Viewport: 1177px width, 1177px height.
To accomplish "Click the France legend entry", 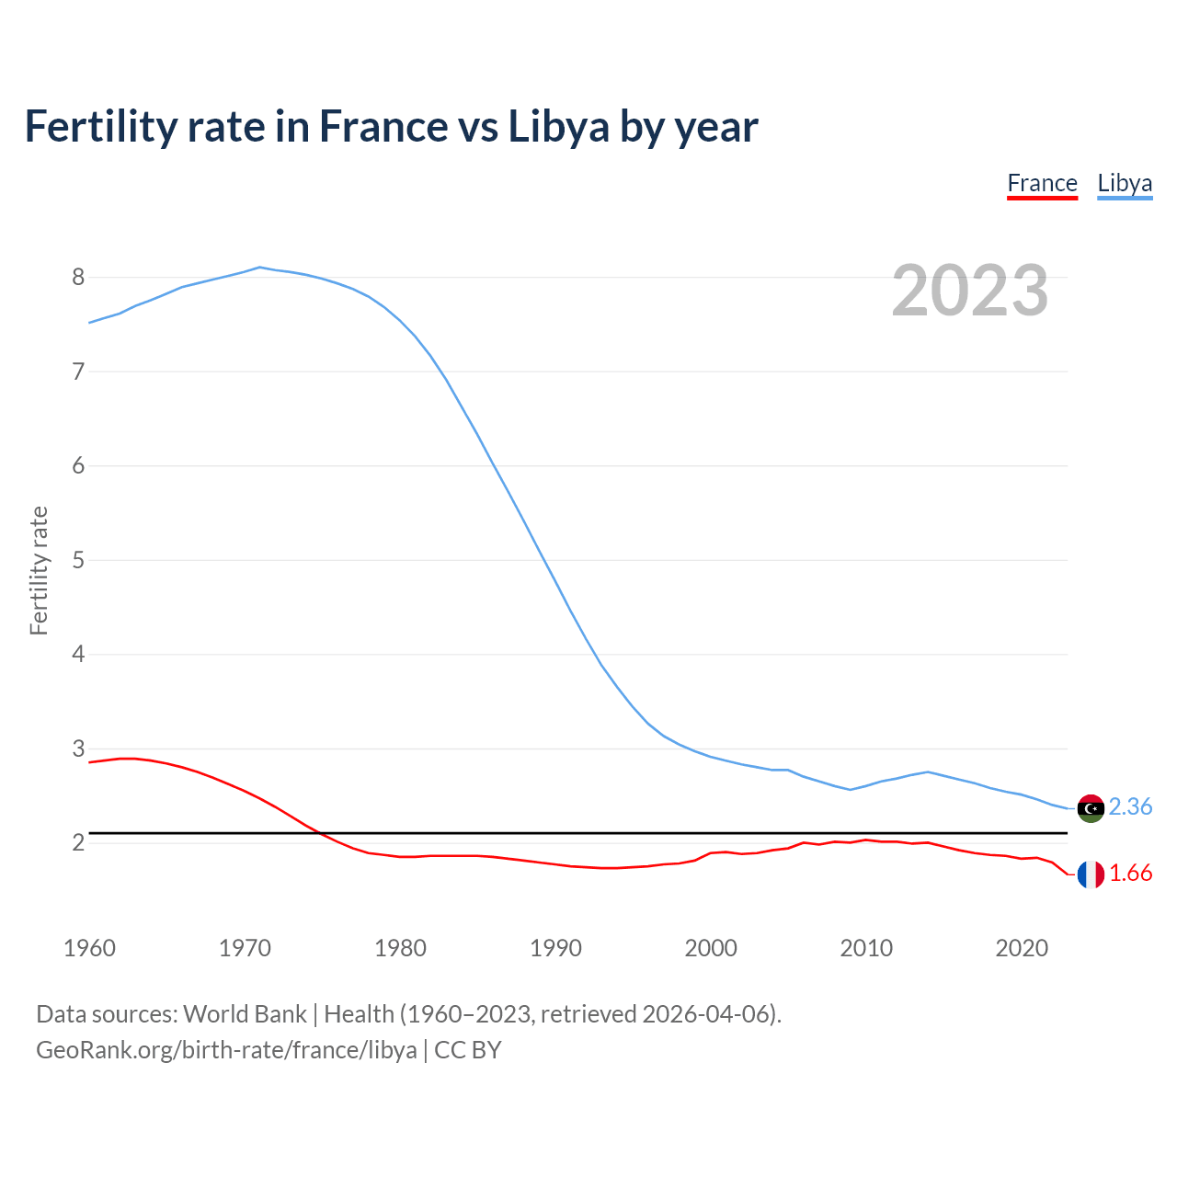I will point(1042,183).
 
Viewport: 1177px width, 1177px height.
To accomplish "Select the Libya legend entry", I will point(1125,183).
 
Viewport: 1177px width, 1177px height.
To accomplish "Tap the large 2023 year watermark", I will point(970,291).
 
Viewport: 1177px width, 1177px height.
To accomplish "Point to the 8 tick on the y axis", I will point(78,277).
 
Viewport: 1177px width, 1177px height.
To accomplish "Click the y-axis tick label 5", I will point(78,560).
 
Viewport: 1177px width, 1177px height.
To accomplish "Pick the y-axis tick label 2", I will point(78,842).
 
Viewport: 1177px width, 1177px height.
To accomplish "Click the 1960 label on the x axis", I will point(89,948).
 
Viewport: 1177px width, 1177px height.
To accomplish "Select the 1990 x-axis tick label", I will point(555,948).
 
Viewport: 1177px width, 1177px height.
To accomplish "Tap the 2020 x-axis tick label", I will point(1022,948).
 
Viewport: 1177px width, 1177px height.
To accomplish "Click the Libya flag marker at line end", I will point(1091,808).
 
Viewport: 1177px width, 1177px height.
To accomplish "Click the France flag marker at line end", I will point(1091,874).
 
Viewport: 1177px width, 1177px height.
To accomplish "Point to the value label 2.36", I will point(1130,806).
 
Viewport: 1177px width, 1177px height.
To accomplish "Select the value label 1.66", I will point(1130,874).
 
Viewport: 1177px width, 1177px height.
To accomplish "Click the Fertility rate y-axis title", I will point(39,570).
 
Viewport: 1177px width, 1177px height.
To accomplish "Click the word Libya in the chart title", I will point(559,126).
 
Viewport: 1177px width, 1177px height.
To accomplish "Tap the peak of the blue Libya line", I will point(260,268).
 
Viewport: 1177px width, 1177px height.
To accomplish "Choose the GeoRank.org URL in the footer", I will point(226,1050).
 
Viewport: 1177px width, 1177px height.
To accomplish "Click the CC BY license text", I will point(468,1050).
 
